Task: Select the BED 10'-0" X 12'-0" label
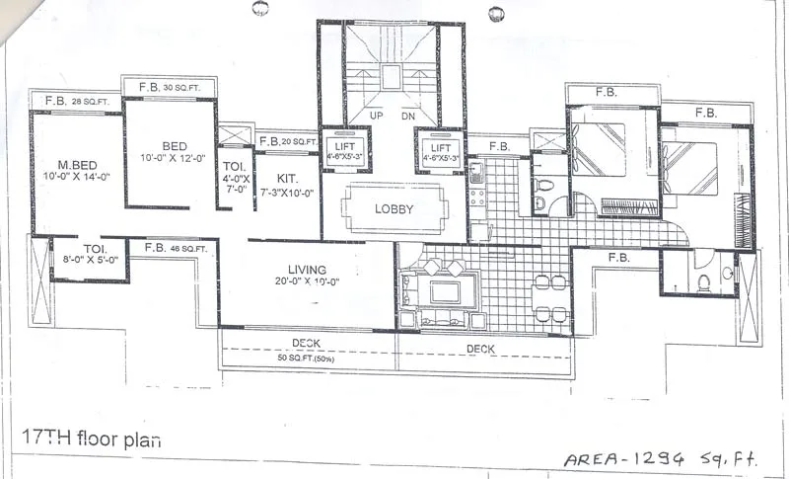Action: point(169,150)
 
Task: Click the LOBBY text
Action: point(394,209)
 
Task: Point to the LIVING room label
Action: point(307,275)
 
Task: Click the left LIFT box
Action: point(343,149)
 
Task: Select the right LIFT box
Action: point(439,149)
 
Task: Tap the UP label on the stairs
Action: point(376,116)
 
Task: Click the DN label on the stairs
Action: point(408,116)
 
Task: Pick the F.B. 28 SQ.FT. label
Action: point(75,101)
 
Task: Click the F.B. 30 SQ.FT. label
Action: point(169,87)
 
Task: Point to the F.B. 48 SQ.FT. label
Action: point(174,249)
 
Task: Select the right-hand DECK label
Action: point(480,349)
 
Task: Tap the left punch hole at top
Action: point(260,9)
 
